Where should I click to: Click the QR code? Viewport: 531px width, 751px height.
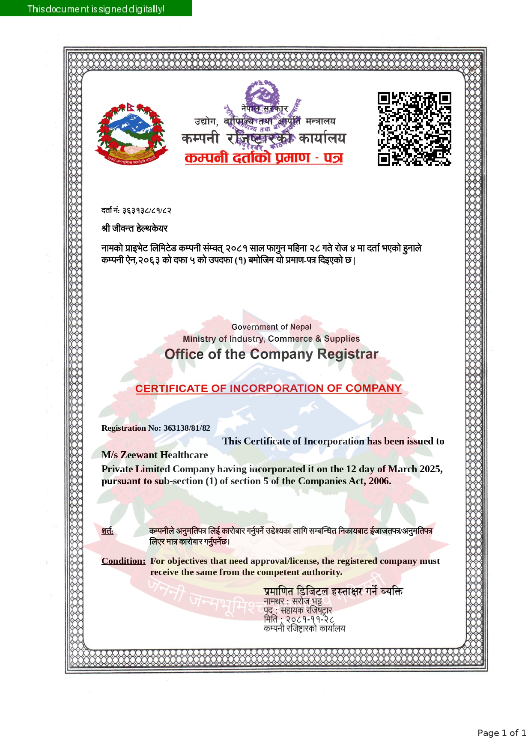point(414,128)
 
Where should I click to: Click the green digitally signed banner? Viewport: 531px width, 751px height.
point(95,9)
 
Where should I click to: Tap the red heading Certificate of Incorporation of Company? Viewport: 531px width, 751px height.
point(268,388)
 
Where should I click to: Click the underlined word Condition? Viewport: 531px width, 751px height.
point(123,561)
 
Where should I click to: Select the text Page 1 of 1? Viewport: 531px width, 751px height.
point(501,733)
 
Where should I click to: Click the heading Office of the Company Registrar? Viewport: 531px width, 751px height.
point(271,354)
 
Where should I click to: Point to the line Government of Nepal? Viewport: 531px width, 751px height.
point(271,327)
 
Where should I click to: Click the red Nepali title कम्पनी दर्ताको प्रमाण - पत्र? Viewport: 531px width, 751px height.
point(264,158)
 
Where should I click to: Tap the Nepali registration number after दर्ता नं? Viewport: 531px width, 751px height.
point(146,210)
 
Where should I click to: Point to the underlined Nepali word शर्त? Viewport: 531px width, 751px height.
point(107,531)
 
